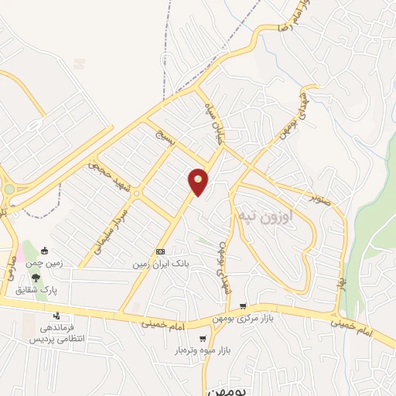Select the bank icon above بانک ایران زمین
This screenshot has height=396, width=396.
point(160,251)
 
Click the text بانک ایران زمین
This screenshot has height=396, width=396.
point(160,264)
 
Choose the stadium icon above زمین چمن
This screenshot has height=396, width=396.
point(46,251)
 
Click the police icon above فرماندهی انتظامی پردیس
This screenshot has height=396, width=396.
point(56,316)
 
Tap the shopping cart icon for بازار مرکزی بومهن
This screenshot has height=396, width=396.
point(244,306)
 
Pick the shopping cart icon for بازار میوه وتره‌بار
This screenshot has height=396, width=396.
point(203,338)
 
